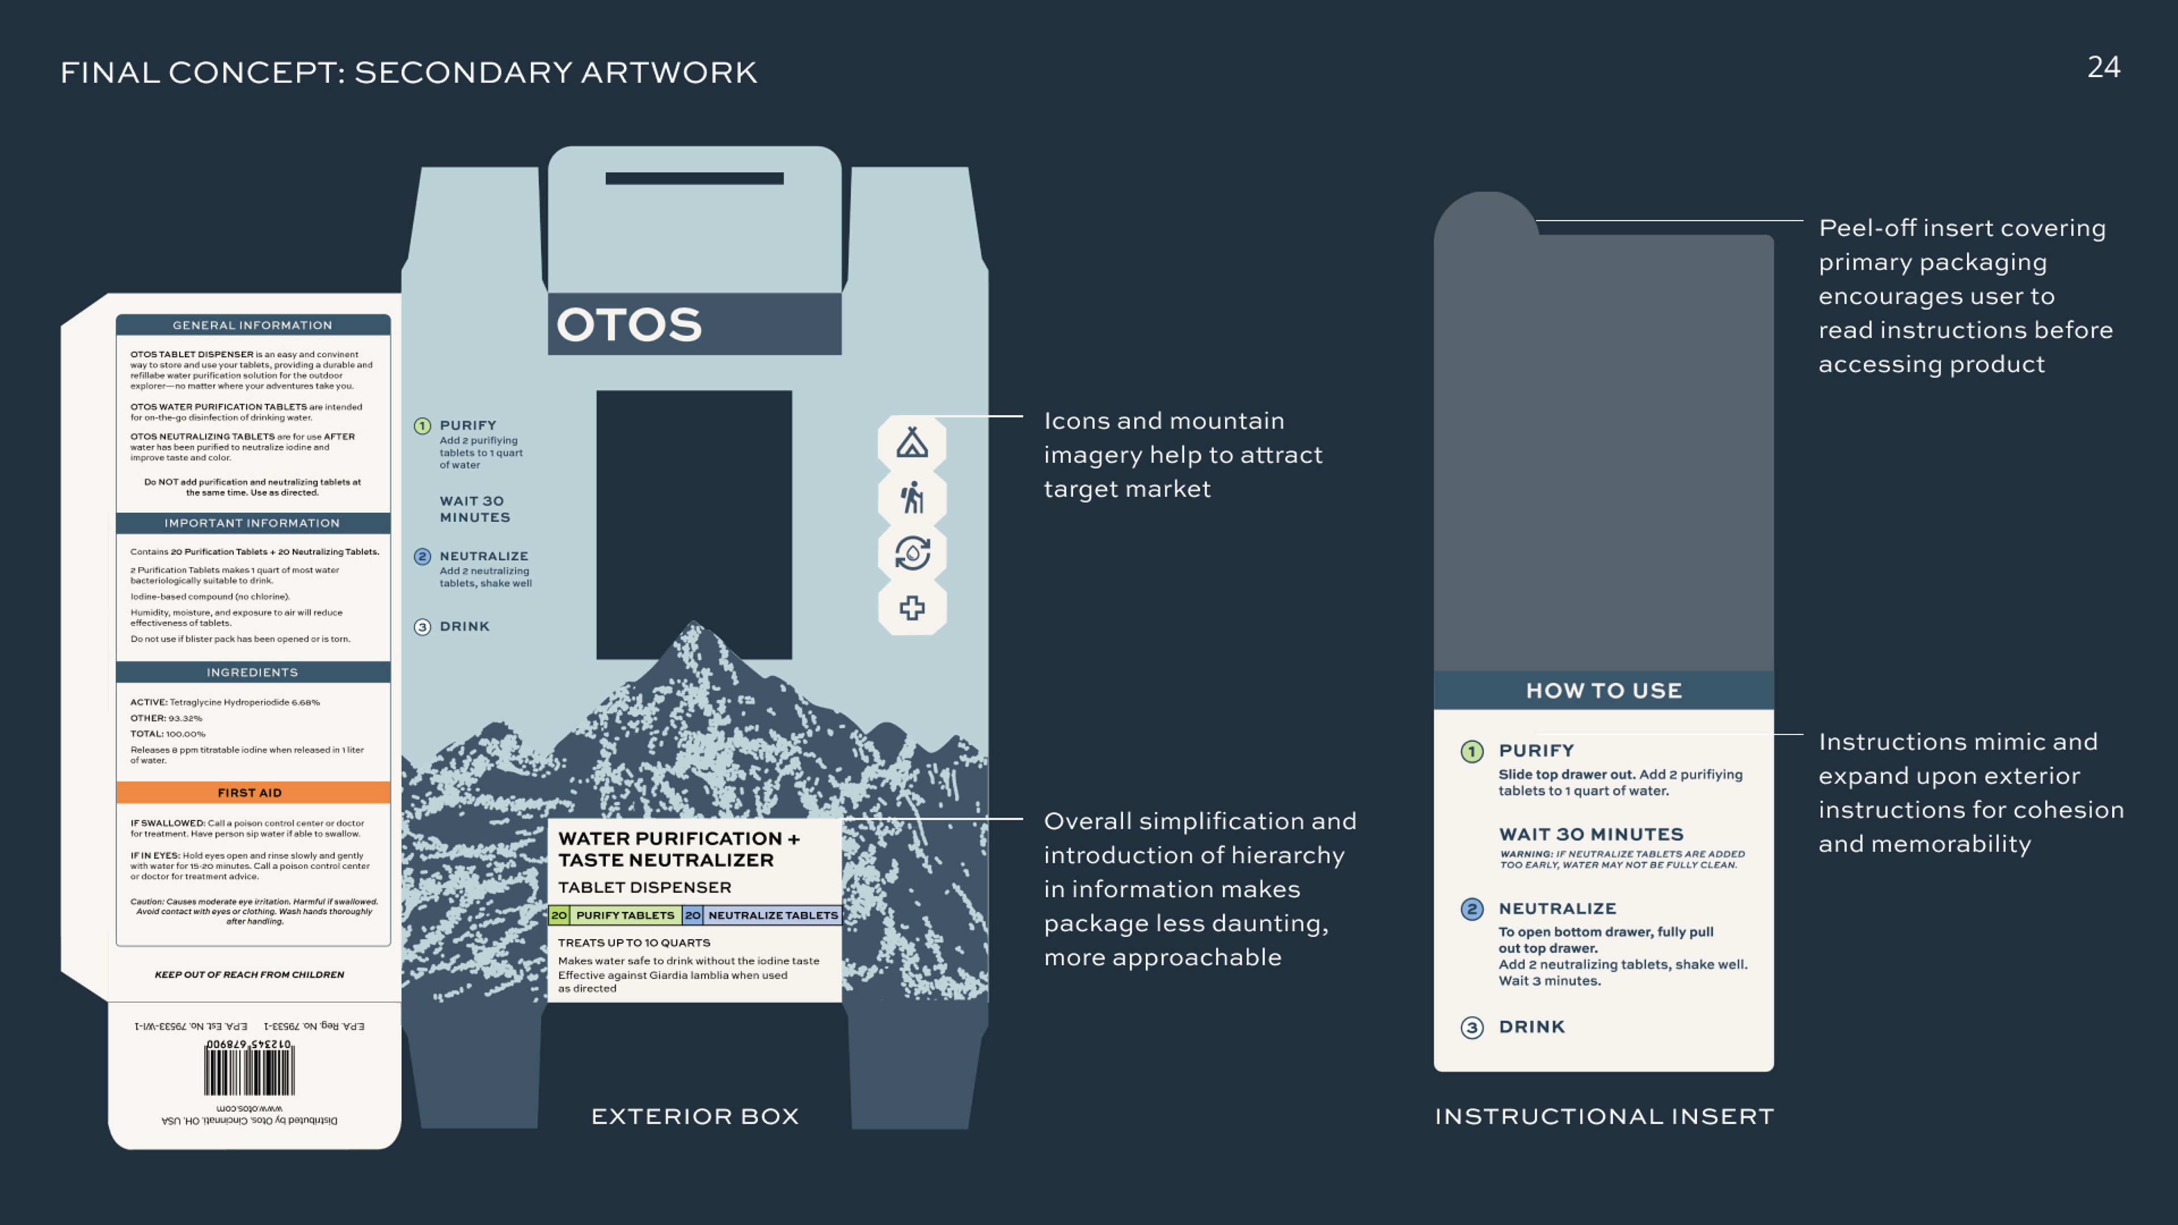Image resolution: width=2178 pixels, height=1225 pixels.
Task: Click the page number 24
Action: (x=2103, y=67)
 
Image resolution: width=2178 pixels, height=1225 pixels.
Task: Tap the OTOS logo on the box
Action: (x=629, y=324)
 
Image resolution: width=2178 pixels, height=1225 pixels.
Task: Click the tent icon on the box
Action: (x=911, y=442)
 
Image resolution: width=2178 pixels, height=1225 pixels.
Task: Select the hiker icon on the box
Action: (x=911, y=497)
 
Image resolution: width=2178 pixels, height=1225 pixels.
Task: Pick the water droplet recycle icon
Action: (x=911, y=553)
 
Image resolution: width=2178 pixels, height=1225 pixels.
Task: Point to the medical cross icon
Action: (x=911, y=608)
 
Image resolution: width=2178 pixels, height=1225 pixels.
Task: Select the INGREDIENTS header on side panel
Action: (x=252, y=672)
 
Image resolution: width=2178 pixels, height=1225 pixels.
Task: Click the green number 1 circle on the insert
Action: (x=1471, y=751)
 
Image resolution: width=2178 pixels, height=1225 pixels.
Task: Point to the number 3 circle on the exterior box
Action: (x=423, y=627)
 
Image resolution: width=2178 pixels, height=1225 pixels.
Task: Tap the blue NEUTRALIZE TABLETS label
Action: (x=772, y=915)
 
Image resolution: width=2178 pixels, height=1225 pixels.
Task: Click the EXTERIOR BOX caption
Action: (x=694, y=1117)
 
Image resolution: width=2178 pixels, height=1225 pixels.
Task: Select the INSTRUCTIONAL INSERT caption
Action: (x=1604, y=1117)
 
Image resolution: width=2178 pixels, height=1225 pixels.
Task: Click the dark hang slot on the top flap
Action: (x=694, y=179)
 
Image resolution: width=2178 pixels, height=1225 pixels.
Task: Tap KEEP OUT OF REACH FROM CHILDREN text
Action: (x=250, y=975)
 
